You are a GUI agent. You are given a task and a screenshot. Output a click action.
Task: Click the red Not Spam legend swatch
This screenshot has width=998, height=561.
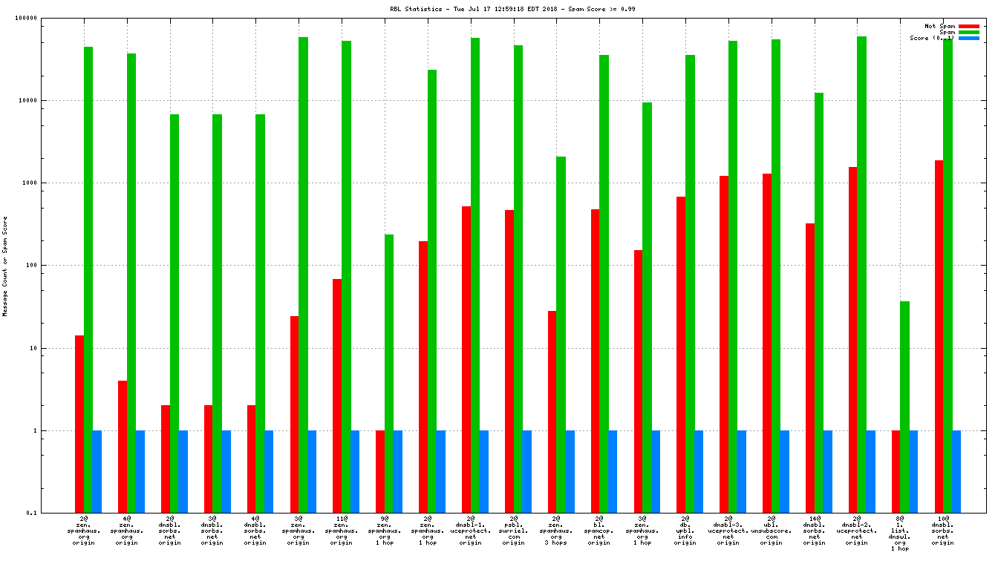point(969,26)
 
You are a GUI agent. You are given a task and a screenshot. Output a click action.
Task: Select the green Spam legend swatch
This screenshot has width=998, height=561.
point(969,32)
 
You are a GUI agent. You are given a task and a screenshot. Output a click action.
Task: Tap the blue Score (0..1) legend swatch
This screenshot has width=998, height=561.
point(969,38)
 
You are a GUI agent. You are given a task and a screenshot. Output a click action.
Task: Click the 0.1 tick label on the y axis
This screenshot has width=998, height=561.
point(30,513)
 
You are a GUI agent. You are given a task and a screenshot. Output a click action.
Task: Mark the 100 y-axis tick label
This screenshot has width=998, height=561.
point(30,265)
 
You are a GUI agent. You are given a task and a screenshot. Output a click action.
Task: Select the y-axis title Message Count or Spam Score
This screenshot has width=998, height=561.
point(5,266)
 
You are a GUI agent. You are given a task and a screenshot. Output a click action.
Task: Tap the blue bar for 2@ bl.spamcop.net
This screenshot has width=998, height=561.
point(613,471)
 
